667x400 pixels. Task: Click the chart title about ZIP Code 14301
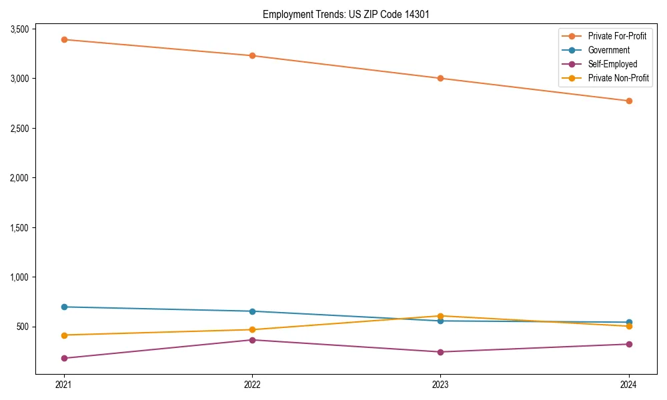click(x=345, y=14)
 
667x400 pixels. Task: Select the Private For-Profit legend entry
click(x=616, y=36)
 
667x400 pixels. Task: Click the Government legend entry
click(x=608, y=50)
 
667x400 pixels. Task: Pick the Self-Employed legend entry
click(x=612, y=64)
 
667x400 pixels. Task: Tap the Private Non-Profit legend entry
click(x=618, y=78)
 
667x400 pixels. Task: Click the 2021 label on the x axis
click(x=64, y=385)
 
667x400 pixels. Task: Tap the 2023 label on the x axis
click(x=440, y=385)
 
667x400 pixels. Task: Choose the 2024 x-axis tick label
click(x=628, y=385)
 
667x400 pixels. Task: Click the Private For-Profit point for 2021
click(x=64, y=39)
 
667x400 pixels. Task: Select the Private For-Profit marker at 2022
click(x=252, y=55)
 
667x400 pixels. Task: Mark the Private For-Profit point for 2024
click(x=628, y=101)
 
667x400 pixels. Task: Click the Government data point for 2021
click(x=64, y=307)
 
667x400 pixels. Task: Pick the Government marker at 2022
click(x=252, y=311)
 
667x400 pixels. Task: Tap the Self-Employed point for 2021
click(x=64, y=358)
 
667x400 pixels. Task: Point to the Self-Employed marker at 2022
click(x=252, y=340)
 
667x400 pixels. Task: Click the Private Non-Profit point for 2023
click(x=440, y=316)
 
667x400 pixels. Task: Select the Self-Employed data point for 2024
click(x=628, y=344)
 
